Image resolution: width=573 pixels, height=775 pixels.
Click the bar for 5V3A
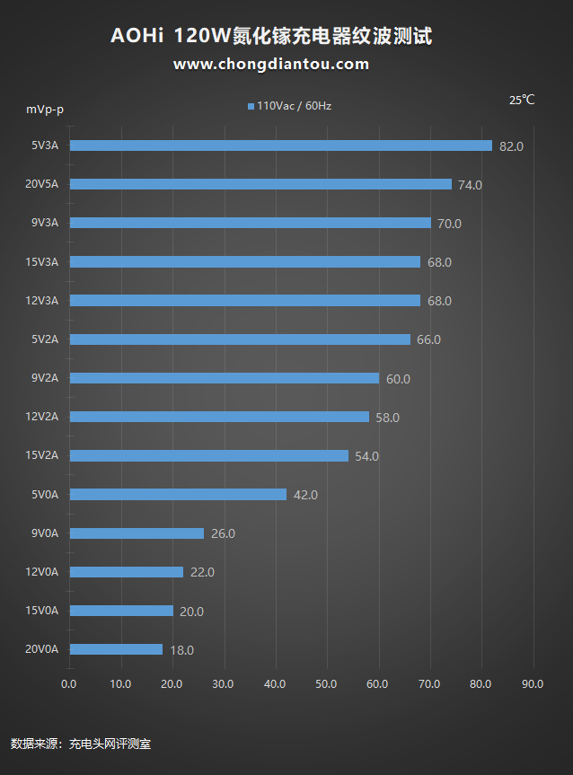[x=280, y=145]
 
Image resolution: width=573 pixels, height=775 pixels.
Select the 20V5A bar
[x=260, y=184]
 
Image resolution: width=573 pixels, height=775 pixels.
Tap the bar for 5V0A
[x=178, y=494]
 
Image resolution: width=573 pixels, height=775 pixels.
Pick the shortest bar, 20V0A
[x=116, y=649]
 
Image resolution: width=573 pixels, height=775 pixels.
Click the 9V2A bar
[x=224, y=378]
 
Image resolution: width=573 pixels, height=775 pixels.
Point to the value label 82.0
[x=511, y=146]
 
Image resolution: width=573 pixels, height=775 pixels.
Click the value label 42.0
[x=305, y=495]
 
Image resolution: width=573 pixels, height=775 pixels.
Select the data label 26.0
[x=223, y=533]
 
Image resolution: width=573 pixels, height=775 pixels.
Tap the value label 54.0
[x=366, y=456]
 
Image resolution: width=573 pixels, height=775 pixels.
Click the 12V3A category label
[x=41, y=301]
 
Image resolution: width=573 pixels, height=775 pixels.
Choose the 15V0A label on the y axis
[x=41, y=611]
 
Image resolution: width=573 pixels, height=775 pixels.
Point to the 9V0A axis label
[x=44, y=533]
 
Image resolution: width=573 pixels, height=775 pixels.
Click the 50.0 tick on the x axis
[x=327, y=684]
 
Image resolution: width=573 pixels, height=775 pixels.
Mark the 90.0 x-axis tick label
[x=533, y=684]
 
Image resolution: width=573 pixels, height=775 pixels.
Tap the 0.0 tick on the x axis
[x=69, y=684]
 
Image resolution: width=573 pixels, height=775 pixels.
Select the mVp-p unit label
[x=44, y=110]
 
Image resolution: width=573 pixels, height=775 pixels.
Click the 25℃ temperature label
[x=522, y=100]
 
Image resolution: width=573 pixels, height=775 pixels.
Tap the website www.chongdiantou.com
[x=271, y=64]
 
